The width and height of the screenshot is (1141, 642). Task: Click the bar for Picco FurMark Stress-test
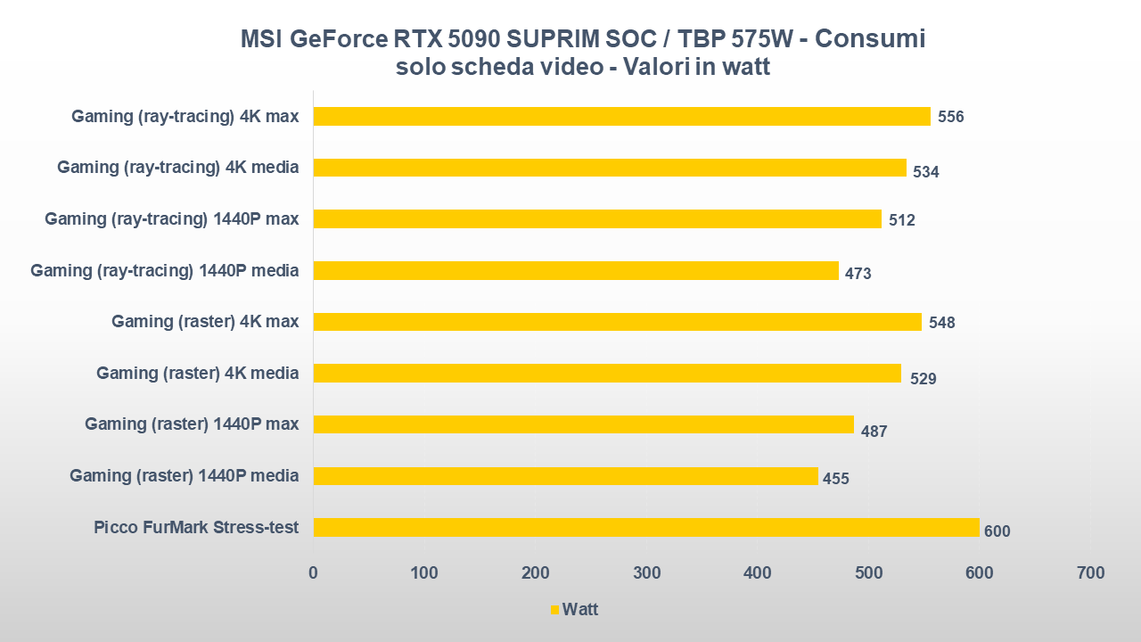[646, 527]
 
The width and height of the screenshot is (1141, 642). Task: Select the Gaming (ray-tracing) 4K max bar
[621, 116]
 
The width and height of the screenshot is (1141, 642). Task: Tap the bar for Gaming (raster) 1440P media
[565, 476]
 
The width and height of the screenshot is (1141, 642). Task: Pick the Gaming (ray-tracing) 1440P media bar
[576, 270]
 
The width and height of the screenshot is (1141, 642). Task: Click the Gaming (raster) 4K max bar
[617, 322]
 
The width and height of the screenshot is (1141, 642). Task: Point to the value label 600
[997, 531]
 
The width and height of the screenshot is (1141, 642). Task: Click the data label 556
[950, 117]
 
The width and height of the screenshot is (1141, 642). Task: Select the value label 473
[858, 274]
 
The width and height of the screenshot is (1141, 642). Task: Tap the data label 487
[874, 432]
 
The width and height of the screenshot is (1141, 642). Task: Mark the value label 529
[923, 379]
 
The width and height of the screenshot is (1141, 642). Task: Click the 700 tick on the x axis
[1090, 572]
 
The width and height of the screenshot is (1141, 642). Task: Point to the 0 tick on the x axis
[313, 572]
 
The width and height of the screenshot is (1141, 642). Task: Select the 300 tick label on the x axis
[646, 572]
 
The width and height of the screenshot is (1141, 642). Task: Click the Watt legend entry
[579, 610]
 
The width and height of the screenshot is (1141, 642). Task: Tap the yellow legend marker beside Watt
[554, 611]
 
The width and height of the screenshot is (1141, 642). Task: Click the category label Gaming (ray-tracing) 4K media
[177, 167]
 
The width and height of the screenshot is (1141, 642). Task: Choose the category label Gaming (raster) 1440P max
[192, 424]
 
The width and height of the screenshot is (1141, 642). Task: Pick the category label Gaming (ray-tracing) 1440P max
[171, 218]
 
